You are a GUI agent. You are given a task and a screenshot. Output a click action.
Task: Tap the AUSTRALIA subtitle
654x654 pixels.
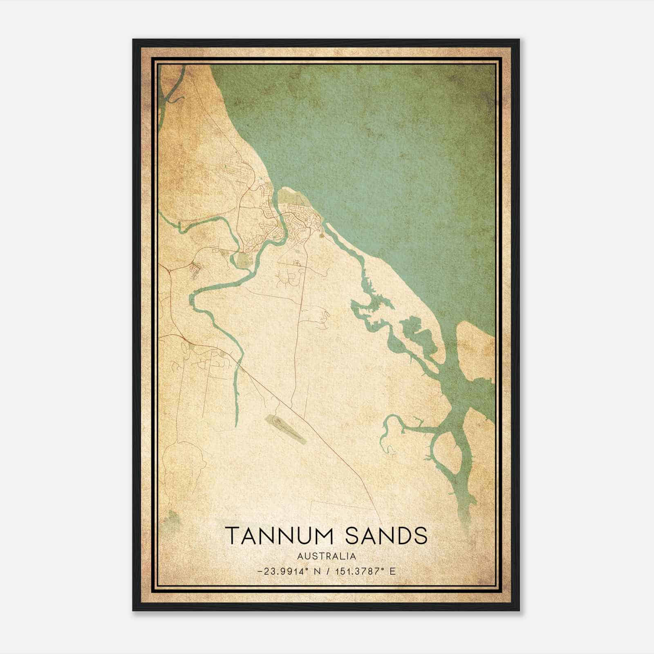[x=327, y=556]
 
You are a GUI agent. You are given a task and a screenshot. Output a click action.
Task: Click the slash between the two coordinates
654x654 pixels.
[x=329, y=571]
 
